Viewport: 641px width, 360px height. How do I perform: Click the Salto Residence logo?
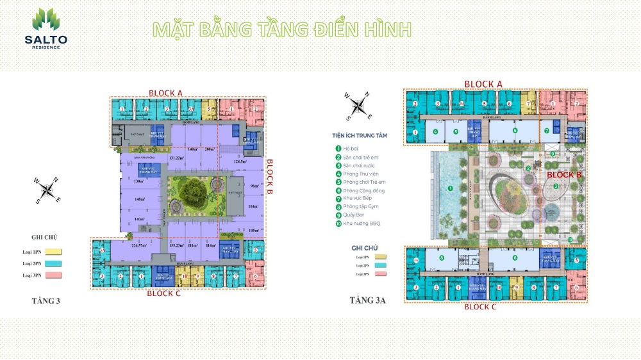[46, 29]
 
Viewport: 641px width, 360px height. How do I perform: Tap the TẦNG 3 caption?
[46, 300]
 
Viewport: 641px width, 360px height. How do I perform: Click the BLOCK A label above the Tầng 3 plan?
[166, 93]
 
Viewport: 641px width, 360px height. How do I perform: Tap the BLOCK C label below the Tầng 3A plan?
[488, 307]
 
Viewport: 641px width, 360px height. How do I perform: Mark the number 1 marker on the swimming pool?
[450, 188]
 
